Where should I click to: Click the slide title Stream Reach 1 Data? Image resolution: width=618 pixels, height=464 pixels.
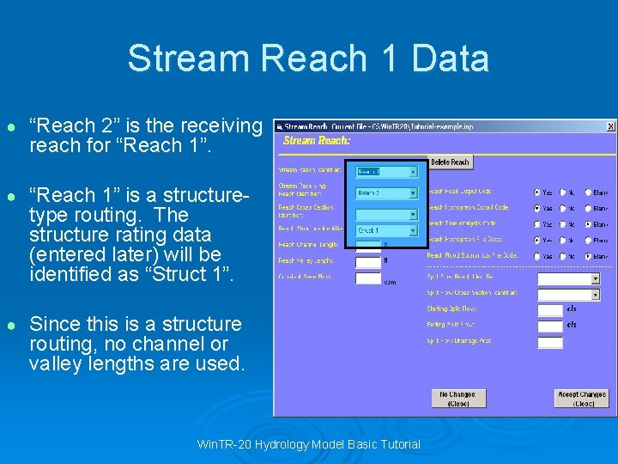[x=308, y=58]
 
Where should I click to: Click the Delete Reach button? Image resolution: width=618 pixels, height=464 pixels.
[x=449, y=162]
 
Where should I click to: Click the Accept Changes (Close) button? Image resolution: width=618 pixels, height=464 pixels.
[x=582, y=399]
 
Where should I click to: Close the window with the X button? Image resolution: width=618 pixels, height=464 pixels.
[x=610, y=126]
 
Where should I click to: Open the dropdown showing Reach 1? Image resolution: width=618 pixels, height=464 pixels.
[x=386, y=172]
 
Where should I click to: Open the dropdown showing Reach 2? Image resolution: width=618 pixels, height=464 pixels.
[x=386, y=193]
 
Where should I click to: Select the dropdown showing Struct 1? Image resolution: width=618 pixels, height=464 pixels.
[x=386, y=230]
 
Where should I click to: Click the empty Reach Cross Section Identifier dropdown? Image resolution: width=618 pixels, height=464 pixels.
[x=386, y=214]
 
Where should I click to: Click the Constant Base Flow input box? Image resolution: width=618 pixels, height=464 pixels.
[x=368, y=278]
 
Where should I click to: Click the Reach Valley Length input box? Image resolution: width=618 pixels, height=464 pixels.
[x=368, y=261]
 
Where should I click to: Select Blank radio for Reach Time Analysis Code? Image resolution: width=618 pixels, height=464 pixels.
[x=588, y=223]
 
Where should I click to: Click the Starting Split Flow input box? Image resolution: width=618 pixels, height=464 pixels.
[x=549, y=309]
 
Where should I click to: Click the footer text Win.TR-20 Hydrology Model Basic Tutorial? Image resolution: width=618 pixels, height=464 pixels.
[x=309, y=444]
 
